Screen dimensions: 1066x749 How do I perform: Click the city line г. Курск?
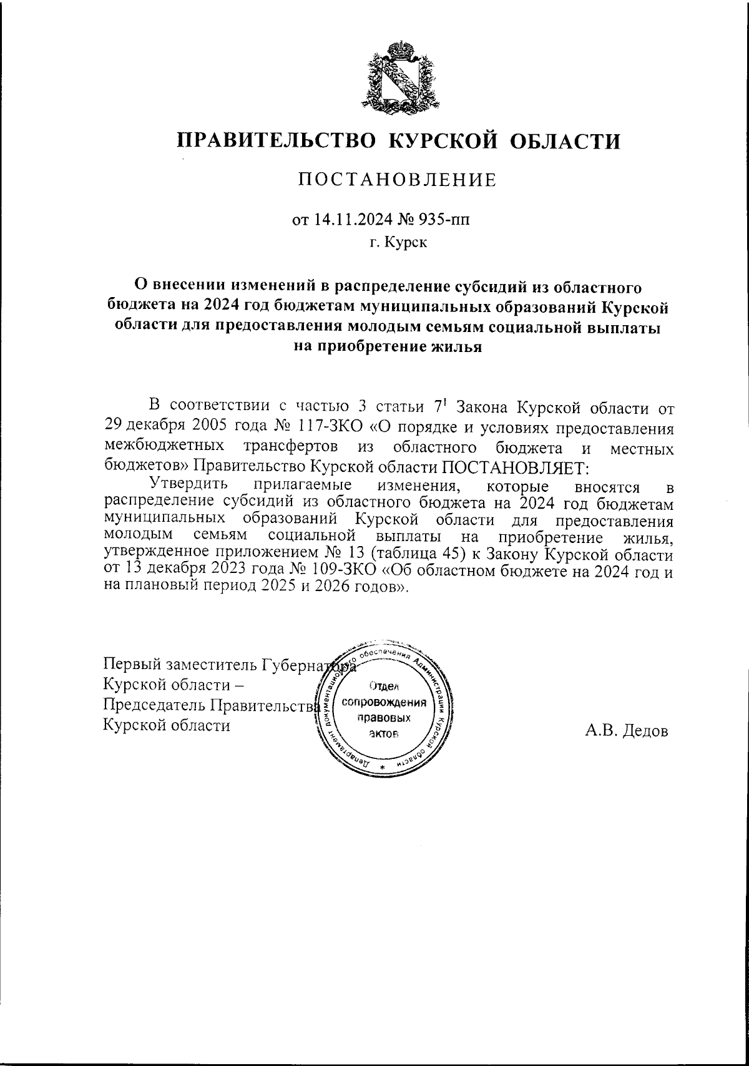[398, 242]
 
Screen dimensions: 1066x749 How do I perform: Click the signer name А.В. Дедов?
[626, 730]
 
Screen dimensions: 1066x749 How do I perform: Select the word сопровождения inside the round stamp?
[385, 702]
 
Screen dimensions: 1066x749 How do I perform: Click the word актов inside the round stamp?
[383, 733]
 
